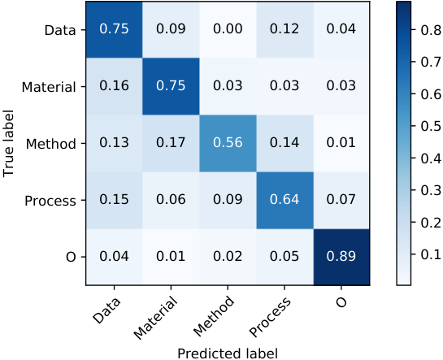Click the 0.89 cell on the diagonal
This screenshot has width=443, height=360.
tap(341, 257)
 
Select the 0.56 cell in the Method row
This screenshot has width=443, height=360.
tap(228, 143)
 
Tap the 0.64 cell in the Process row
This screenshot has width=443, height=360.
tap(284, 200)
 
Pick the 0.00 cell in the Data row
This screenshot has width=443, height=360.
tap(228, 29)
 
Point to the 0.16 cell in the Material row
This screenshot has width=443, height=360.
tap(114, 86)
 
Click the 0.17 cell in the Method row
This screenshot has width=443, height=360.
tap(171, 143)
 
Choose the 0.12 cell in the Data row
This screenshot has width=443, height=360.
tap(284, 29)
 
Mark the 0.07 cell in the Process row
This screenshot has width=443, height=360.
tap(341, 200)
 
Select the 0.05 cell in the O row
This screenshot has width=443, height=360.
tap(284, 257)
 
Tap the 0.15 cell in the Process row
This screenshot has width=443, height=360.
tap(114, 200)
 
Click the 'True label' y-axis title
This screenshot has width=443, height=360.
tap(8, 144)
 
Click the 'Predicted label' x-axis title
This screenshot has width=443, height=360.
tap(228, 353)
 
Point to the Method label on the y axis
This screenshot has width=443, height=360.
tap(51, 144)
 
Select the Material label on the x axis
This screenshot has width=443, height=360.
tap(156, 319)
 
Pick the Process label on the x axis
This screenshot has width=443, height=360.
tap(270, 318)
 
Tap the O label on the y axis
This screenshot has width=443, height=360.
tap(71, 258)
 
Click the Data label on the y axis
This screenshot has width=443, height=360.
tap(60, 30)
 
